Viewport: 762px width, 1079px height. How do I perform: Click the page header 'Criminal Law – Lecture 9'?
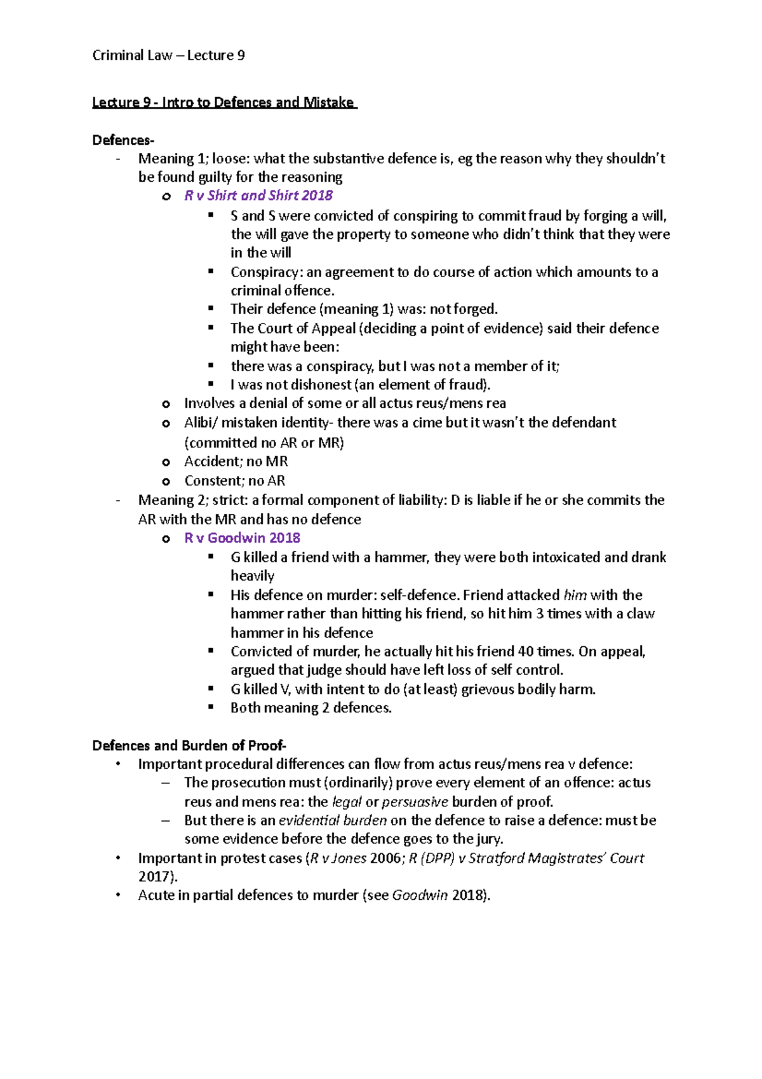point(168,55)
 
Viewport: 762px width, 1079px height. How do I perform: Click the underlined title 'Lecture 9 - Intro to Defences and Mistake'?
point(224,102)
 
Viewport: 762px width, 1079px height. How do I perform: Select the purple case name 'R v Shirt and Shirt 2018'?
point(258,195)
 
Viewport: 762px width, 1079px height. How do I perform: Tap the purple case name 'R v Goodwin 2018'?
point(242,538)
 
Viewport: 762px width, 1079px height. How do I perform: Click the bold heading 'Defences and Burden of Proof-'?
point(189,745)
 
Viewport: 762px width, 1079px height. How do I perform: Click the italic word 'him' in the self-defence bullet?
point(575,595)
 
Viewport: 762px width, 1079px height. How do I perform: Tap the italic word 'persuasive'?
point(415,802)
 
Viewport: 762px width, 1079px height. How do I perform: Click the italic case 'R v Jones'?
point(337,858)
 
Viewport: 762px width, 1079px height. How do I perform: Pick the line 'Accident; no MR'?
point(236,461)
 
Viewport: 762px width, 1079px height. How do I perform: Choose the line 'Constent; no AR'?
point(234,481)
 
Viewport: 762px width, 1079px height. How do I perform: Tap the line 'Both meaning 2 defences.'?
point(311,708)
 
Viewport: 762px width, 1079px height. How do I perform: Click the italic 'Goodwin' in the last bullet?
point(420,895)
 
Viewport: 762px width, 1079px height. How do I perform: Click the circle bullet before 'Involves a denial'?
point(166,404)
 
